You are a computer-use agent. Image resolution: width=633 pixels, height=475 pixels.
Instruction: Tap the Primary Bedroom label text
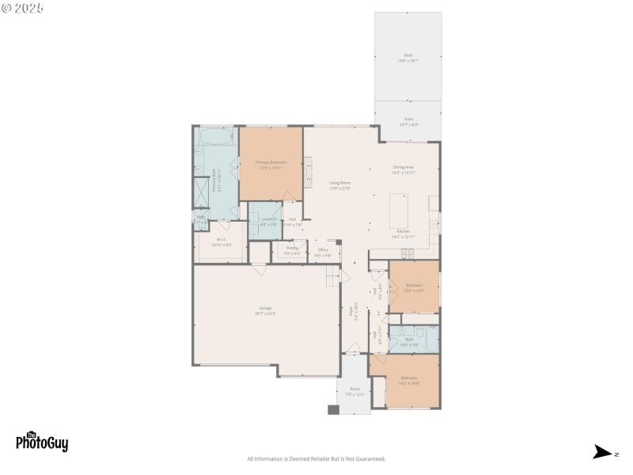(270, 165)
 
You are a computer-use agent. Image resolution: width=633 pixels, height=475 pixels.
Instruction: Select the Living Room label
(339, 185)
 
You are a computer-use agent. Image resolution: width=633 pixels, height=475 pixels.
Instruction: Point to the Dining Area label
(404, 169)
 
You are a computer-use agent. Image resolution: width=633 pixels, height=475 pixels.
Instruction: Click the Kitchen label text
(403, 234)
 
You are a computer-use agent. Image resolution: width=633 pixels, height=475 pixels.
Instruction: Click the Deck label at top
(407, 58)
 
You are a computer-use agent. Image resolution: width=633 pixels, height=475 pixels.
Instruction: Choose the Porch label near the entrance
(355, 391)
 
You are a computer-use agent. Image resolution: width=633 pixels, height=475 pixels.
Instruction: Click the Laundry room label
(269, 221)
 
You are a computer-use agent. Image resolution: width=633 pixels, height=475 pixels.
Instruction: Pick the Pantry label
(292, 251)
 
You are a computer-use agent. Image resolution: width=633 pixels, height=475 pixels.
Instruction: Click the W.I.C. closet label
(222, 242)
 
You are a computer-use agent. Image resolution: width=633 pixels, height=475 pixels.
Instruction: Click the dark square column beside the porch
(333, 409)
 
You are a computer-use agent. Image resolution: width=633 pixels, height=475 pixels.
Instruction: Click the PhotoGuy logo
(42, 442)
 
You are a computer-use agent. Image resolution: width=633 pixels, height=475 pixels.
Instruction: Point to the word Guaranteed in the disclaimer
(370, 459)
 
